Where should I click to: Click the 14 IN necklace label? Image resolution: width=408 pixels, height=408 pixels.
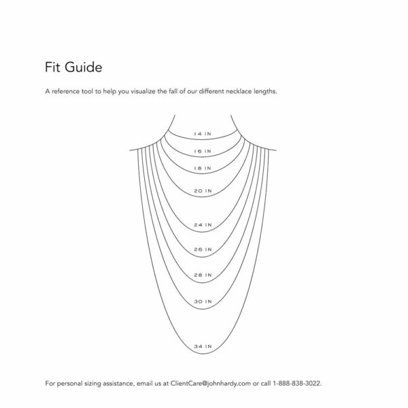pos(203,134)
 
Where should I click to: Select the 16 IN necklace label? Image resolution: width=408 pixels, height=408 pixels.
pos(203,151)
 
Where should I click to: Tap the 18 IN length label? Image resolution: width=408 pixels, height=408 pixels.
pos(203,169)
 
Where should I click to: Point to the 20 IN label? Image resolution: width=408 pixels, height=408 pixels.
pos(203,191)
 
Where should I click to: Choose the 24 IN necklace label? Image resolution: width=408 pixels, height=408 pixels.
pos(203,225)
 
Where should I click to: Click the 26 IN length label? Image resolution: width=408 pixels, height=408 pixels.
pos(203,250)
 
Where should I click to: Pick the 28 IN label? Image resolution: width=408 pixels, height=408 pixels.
pos(203,275)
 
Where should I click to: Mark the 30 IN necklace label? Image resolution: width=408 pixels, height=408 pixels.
pos(203,301)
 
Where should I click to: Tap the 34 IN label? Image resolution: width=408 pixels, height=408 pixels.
pos(203,346)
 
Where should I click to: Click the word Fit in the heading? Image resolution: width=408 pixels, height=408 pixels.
pos(53,67)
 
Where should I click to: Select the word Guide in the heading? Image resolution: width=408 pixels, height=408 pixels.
pos(83,67)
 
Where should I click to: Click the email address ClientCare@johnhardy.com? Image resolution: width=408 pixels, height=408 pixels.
pos(211,384)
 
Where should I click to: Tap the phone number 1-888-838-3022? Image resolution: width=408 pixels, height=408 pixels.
pos(297,384)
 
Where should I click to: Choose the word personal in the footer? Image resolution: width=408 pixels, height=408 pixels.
pos(69,384)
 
